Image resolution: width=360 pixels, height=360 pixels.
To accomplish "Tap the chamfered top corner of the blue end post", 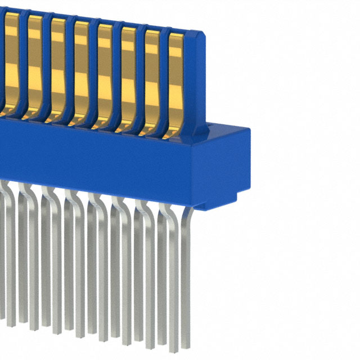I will [198, 35].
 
